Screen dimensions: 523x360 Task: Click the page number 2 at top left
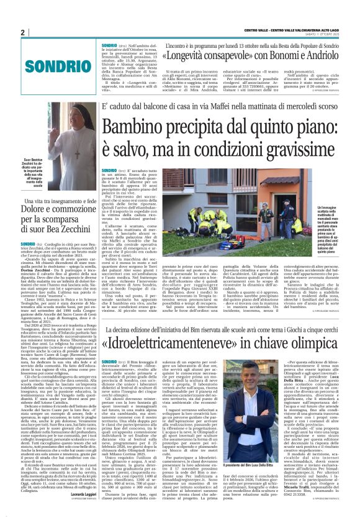click(x=22, y=32)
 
